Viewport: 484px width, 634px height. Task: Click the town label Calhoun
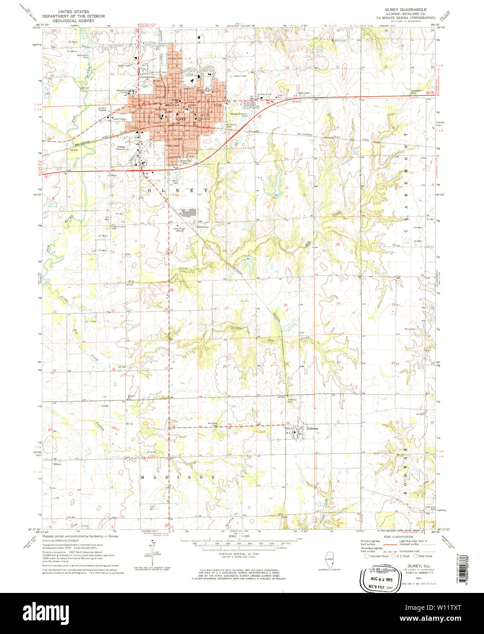pos(312,428)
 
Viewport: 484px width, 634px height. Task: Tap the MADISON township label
pos(177,477)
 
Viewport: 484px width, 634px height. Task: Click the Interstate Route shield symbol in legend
pos(366,556)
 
